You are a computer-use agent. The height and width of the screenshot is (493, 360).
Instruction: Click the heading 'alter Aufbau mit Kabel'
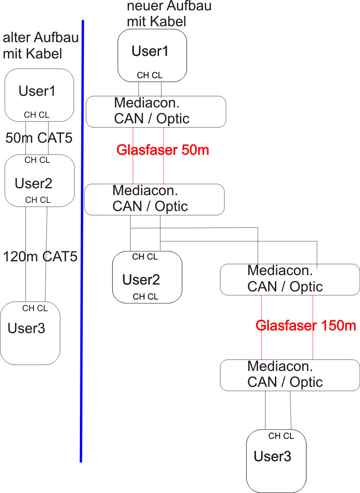pos(40,46)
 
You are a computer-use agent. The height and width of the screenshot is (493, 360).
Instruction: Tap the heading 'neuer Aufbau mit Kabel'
pos(169,14)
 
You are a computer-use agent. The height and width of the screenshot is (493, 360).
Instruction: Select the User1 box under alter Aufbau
pos(39,95)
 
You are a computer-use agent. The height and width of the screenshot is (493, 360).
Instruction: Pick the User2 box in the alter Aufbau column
pos(40,181)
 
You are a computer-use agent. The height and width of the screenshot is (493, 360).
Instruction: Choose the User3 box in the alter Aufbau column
pos(30,333)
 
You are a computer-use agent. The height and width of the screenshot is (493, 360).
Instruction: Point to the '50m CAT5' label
pos(39,138)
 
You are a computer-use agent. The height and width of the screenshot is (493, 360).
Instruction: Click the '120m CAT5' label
pos(40,257)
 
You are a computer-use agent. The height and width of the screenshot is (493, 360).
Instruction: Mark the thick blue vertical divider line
pos(82,241)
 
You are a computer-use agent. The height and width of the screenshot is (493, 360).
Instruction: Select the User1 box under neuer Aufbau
pos(152,55)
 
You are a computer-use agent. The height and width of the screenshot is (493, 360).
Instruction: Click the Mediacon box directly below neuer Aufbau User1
pos(156,112)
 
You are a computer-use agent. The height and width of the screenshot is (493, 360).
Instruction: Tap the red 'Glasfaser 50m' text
pos(162,150)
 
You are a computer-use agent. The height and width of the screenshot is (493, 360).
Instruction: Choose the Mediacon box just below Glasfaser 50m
pos(154,199)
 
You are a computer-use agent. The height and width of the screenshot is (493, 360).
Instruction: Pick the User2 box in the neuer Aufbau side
pos(147,277)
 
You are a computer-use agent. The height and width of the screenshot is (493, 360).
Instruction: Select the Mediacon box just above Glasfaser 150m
pos(290,279)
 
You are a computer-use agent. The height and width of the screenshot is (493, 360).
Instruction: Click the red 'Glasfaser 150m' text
pos(305,326)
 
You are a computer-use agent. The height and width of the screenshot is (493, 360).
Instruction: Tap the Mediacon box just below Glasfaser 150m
pos(290,375)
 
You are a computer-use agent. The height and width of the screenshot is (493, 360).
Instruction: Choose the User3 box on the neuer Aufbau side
pos(276,461)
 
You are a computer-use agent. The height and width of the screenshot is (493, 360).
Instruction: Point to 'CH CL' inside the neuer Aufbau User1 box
pos(149,76)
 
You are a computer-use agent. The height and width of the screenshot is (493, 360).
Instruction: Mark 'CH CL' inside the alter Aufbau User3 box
pos(35,309)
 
